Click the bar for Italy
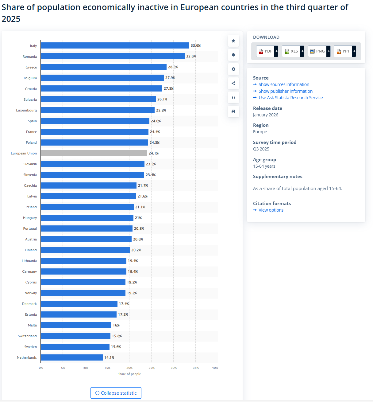click(115, 45)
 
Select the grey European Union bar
click(94, 153)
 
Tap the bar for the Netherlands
click(71, 357)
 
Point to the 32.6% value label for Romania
click(191, 56)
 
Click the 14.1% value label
click(109, 357)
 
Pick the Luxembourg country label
click(26, 110)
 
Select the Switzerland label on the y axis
click(27, 336)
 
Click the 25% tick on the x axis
click(152, 368)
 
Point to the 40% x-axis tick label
click(215, 368)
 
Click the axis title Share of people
click(129, 374)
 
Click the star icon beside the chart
click(233, 41)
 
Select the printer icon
click(233, 111)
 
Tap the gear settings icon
click(233, 69)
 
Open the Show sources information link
click(284, 84)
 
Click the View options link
click(271, 210)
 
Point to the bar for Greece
click(103, 67)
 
